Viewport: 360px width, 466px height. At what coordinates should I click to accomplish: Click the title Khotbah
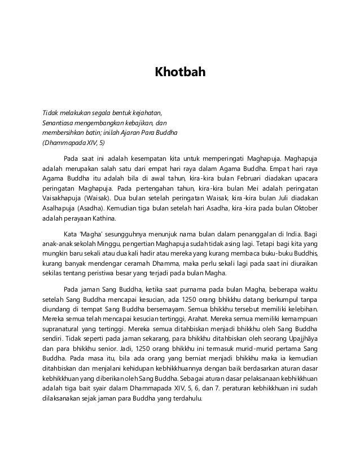click(179, 73)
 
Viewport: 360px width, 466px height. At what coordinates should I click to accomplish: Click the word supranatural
click(64, 330)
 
